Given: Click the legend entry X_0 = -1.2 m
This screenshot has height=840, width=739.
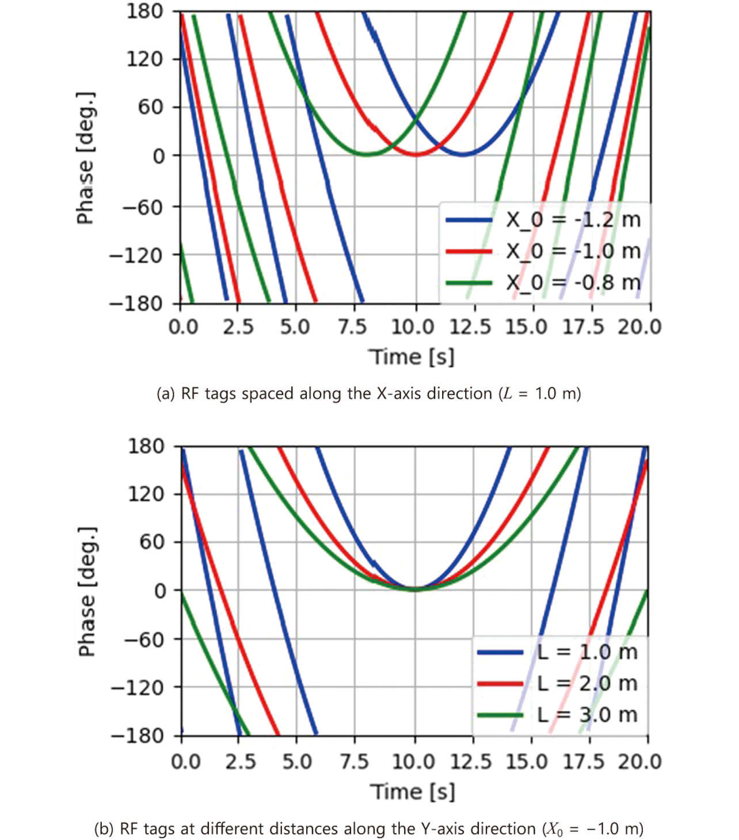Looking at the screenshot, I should pyautogui.click(x=573, y=220).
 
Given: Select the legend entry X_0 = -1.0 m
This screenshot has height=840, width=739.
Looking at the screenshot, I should pyautogui.click(x=573, y=251).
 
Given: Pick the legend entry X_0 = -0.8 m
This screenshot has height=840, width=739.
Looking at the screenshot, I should pyautogui.click(x=573, y=282).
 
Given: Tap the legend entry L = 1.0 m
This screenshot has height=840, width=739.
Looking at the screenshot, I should pyautogui.click(x=587, y=652).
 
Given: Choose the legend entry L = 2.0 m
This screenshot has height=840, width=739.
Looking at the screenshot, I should pyautogui.click(x=587, y=683).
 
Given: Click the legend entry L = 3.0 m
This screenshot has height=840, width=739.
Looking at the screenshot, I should pyautogui.click(x=587, y=714).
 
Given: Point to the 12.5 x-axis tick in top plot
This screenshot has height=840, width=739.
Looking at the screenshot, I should pyautogui.click(x=470, y=327).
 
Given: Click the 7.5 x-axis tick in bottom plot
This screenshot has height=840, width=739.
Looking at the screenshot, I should pyautogui.click(x=354, y=762).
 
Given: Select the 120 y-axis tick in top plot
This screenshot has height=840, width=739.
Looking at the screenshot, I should pyautogui.click(x=144, y=59).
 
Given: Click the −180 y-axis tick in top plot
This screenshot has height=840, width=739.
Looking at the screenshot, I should pyautogui.click(x=136, y=303).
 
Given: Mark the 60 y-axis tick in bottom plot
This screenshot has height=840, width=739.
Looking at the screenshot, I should pyautogui.click(x=152, y=542).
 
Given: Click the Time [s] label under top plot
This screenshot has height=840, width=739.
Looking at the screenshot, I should pyautogui.click(x=412, y=357).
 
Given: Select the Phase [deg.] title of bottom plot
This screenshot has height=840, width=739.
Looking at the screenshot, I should pyautogui.click(x=87, y=591).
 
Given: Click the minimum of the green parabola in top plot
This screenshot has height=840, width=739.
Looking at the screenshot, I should pyautogui.click(x=367, y=154).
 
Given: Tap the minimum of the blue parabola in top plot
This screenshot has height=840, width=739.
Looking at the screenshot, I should pyautogui.click(x=463, y=154).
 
